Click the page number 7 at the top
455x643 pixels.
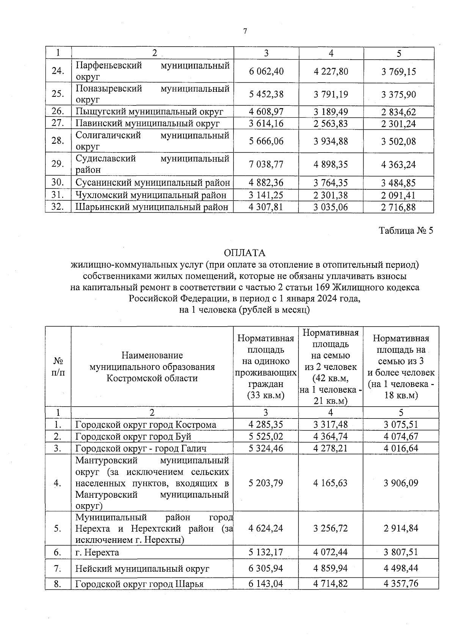pos(245,31)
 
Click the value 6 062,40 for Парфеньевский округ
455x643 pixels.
pos(266,71)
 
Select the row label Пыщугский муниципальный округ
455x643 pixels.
pos(149,112)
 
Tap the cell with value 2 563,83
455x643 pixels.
pos(331,124)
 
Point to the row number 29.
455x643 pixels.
pos(58,164)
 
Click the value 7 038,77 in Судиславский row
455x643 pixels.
pos(266,164)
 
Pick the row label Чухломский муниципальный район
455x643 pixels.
pos(151,195)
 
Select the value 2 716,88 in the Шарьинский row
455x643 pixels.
pos(399,208)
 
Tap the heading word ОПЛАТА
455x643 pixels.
pos(245,253)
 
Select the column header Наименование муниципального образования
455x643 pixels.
pos(152,366)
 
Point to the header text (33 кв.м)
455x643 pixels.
pos(265,395)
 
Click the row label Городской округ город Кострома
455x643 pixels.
pos(146,425)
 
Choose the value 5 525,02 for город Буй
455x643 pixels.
pos(266,437)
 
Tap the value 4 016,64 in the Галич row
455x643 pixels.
pos(401,448)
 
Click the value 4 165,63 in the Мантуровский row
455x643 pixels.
pos(331,483)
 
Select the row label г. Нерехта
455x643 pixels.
pos(97,552)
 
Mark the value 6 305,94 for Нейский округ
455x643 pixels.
pos(266,569)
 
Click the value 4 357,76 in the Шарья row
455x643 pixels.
pos(401,583)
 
